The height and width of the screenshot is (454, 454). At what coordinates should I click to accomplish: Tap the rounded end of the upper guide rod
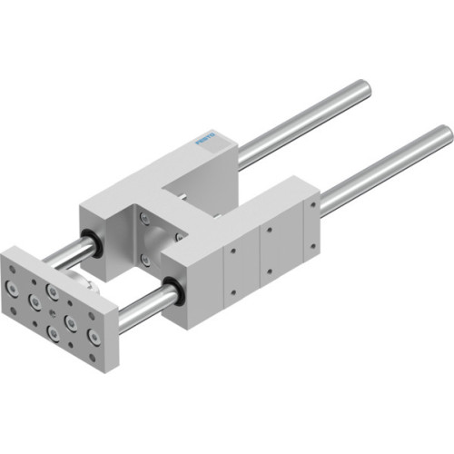coord(364,88)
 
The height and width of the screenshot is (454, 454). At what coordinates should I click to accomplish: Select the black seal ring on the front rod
coord(173,292)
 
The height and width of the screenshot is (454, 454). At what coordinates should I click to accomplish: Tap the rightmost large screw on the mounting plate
coord(93,339)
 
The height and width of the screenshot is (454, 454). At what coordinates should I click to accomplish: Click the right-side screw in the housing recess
coord(179,235)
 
